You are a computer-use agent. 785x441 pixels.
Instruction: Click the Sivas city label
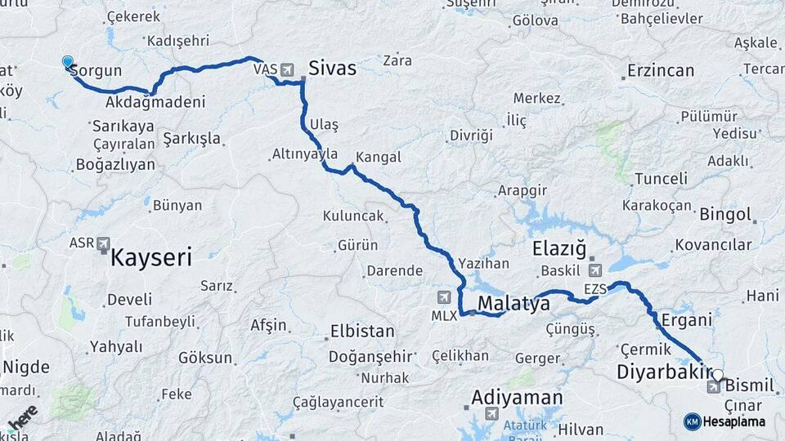(333, 68)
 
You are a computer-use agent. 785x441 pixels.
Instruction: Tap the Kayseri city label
(151, 259)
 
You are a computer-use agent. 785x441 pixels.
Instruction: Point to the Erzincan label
(661, 71)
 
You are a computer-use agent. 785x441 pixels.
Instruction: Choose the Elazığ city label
(560, 247)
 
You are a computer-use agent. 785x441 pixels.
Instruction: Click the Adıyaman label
(517, 398)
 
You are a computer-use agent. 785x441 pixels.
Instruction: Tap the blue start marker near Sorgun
(68, 61)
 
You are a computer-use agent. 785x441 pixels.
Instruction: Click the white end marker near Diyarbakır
(717, 376)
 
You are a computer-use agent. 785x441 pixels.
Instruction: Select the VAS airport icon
(287, 69)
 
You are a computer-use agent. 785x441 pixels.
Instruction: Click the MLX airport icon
(444, 296)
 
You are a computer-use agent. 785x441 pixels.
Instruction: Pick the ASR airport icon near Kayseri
(103, 243)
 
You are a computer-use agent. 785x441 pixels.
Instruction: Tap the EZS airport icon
(594, 269)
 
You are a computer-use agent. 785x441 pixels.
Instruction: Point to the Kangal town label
(379, 158)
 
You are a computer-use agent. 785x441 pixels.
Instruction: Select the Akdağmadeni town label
(155, 103)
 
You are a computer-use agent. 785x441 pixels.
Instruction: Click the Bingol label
(725, 215)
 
